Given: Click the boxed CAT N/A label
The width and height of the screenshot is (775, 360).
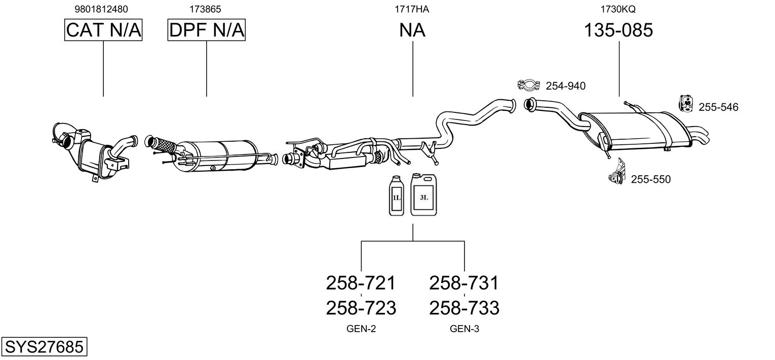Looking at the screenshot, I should tap(103, 30).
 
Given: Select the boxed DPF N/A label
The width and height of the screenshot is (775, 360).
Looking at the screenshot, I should tap(206, 30).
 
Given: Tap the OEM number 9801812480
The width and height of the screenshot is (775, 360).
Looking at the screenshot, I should tap(101, 9).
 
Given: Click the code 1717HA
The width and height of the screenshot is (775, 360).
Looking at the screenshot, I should tap(412, 9).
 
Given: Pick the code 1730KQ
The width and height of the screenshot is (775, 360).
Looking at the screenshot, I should tap(618, 9).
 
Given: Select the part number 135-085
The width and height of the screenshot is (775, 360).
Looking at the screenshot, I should tap(618, 30).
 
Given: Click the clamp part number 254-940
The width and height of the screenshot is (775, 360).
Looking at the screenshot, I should tap(565, 87).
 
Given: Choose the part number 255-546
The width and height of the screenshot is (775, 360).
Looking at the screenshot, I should tap(718, 107).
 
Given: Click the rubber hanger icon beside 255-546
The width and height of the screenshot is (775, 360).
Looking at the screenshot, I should tap(686, 103).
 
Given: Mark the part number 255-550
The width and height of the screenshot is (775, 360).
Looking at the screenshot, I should tap(650, 179).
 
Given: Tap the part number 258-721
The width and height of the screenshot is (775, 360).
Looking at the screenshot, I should tap(361, 283).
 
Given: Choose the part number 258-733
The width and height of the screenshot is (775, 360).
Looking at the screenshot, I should tap(464, 307).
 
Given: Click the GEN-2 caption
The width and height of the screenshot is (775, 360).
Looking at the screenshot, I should tap(361, 329).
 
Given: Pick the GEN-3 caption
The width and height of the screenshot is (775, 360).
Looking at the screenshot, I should tap(464, 329).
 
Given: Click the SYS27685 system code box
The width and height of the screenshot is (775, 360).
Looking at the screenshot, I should tap(44, 347).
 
